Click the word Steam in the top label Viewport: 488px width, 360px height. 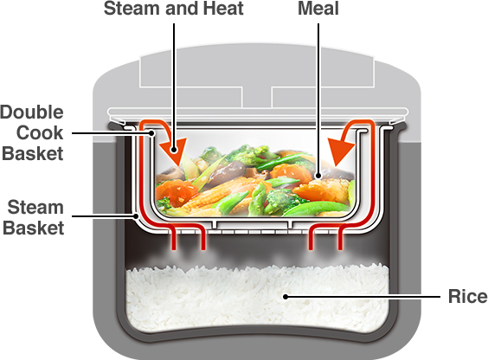pos(132,9)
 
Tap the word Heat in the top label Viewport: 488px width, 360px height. pos(223,9)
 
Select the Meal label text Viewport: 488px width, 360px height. pos(318,9)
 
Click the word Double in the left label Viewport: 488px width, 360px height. pos(32,112)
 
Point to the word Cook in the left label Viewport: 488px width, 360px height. pos(40,133)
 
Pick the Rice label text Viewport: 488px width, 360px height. pos(468,296)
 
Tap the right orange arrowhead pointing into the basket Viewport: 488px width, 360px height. pos(340,152)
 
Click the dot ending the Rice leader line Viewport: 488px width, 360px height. pos(285,297)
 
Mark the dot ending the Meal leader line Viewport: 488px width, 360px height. pos(318,176)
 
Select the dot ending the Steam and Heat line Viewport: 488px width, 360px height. pos(174,151)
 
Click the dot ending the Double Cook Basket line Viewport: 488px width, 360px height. pos(152,133)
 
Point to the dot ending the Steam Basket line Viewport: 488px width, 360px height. pos(135,215)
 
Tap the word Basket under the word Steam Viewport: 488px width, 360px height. pos(33,228)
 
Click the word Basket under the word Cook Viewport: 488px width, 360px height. pos(33,154)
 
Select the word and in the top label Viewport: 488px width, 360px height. pos(183,9)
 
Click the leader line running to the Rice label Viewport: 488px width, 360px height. pos(363,297)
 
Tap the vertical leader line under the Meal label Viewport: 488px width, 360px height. pos(318,100)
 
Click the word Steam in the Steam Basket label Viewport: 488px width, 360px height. pos(35,207)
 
